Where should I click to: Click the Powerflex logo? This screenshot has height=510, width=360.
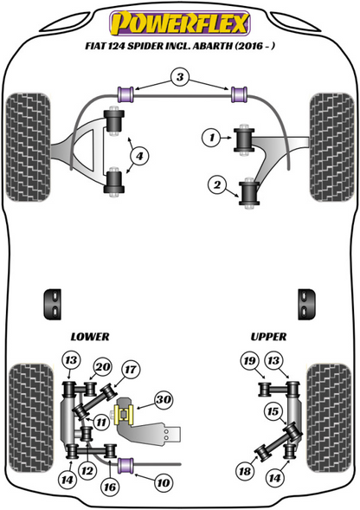(179, 20)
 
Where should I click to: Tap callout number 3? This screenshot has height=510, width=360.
(179, 79)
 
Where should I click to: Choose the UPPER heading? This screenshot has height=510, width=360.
(268, 336)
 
